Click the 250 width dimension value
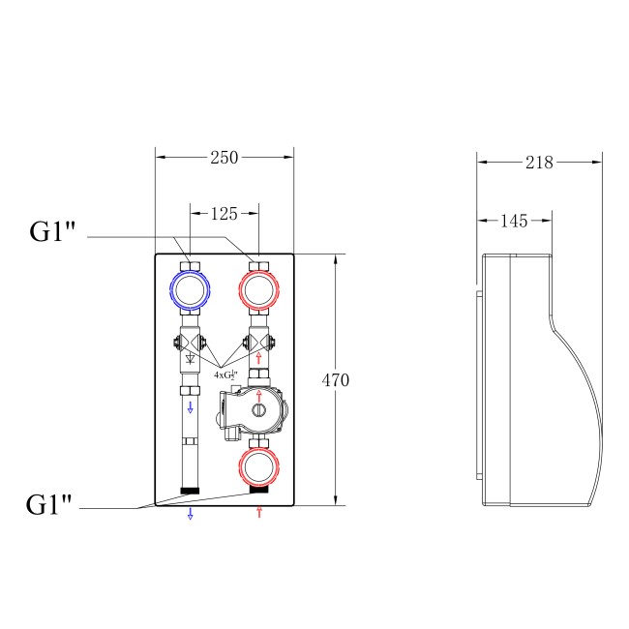pos(224,158)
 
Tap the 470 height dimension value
pos(335,380)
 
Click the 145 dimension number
pos(515,221)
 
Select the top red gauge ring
pos(258,288)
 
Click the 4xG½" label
pos(226,373)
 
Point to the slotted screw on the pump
pos(258,411)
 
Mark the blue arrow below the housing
pos(190,513)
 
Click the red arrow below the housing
pos(258,511)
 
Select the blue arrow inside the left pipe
pos(190,408)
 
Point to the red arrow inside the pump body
pos(258,396)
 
